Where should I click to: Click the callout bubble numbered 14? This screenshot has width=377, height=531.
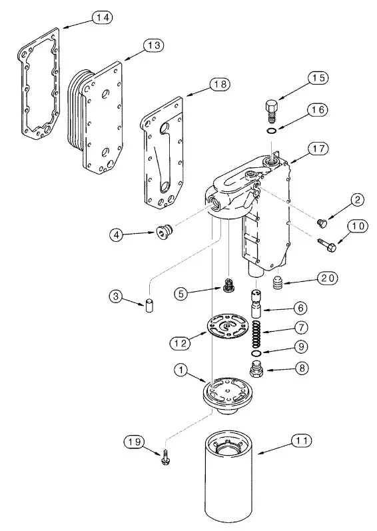coord(102,17)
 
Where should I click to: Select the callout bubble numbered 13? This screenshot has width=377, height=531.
coord(154,45)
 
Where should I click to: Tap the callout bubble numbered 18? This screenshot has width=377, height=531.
coord(220,84)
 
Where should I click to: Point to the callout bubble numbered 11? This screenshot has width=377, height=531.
coord(302,441)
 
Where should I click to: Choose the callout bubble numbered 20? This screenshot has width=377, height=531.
coord(328,278)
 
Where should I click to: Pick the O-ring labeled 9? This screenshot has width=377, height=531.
coord(257,354)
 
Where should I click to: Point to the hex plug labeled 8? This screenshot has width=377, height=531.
coord(256,369)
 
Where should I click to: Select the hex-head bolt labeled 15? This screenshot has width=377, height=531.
coord(271,111)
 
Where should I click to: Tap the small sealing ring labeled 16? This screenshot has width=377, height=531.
coord(271,131)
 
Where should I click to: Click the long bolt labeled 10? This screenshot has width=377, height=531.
coord(326,245)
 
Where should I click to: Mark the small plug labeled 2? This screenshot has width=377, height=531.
coord(321,223)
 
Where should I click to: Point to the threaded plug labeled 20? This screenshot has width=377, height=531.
coord(278,282)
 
